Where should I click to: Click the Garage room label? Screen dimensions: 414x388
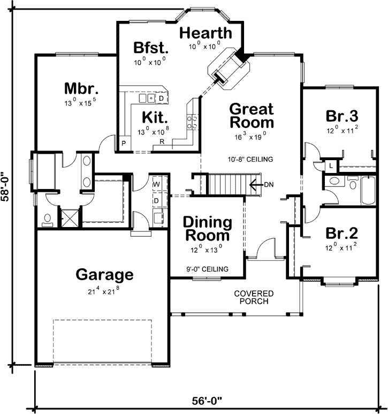(104, 275)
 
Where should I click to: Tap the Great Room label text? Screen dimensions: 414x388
(251, 115)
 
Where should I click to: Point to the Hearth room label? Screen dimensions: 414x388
(206, 33)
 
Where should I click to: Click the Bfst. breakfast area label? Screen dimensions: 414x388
(151, 48)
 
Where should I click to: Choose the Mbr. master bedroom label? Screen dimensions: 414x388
(82, 87)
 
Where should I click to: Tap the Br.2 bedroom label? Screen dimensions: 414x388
(341, 234)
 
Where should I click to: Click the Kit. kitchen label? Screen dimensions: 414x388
(155, 117)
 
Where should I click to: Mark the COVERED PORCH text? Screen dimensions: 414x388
(254, 298)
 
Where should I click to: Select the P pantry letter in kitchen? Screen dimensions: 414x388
(123, 144)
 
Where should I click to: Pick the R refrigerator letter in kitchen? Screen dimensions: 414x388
(162, 142)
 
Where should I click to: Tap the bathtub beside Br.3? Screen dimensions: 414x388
(369, 190)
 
